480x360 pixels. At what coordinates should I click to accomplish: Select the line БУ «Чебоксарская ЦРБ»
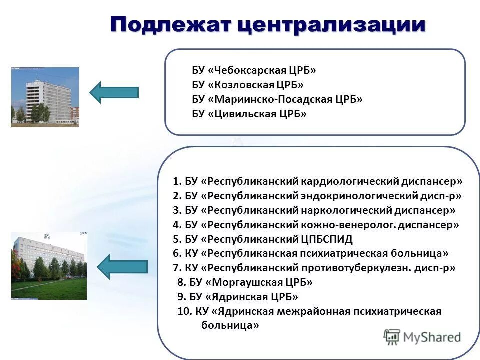[x=254, y=70]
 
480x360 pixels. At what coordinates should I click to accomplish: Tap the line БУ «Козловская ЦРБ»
[x=247, y=85]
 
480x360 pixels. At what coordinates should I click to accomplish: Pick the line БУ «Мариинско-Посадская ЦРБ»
[x=277, y=99]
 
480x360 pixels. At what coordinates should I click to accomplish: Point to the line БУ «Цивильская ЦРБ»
[x=249, y=114]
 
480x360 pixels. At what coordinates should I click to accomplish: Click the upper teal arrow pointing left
[x=114, y=92]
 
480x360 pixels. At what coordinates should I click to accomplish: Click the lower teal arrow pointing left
[x=122, y=266]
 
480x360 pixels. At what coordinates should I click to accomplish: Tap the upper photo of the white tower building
[x=45, y=97]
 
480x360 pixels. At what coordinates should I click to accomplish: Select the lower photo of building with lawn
[x=49, y=266]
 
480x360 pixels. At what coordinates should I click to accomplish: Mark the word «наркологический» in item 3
[x=340, y=210]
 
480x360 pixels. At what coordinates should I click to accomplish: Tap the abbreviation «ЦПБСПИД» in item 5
[x=326, y=239]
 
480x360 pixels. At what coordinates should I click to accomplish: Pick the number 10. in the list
[x=185, y=311]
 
